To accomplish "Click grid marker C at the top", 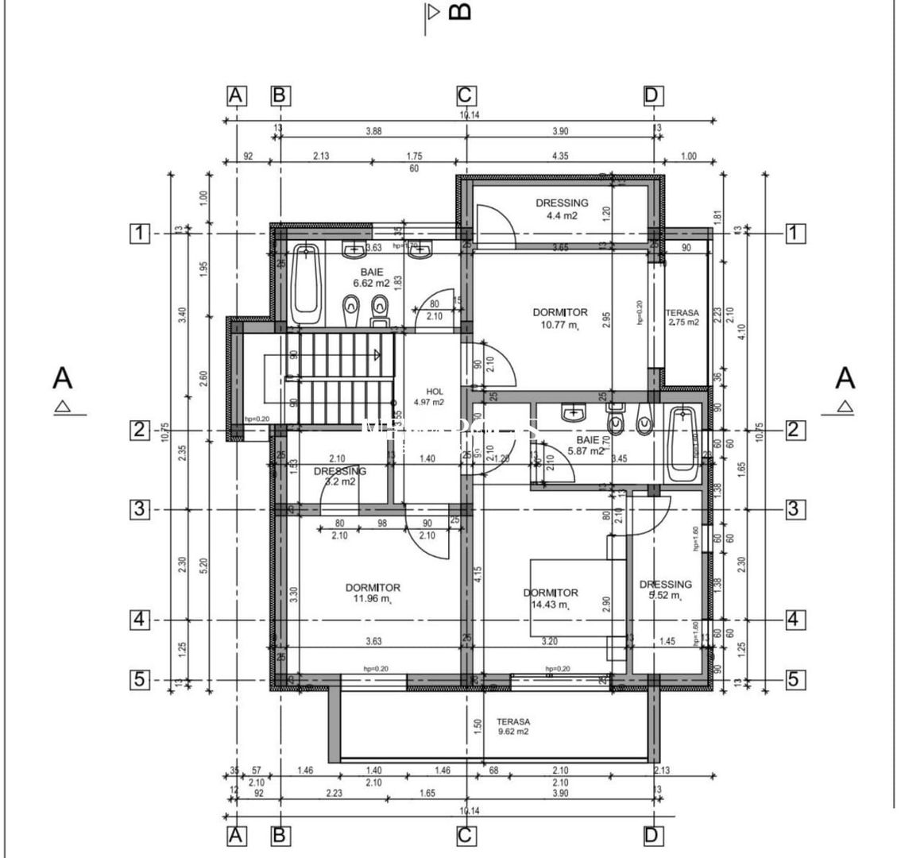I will pyautogui.click(x=466, y=96).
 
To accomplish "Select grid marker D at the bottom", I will pyautogui.click(x=652, y=836).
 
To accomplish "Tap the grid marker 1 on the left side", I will pyautogui.click(x=140, y=234).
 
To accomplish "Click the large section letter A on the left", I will pyautogui.click(x=62, y=378).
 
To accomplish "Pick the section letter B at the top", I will pyautogui.click(x=459, y=12).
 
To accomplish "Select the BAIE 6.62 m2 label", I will pyautogui.click(x=371, y=276).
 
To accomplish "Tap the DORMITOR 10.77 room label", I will pyautogui.click(x=559, y=318).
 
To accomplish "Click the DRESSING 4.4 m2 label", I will pyautogui.click(x=561, y=209).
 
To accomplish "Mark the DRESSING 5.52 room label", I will pyautogui.click(x=665, y=589).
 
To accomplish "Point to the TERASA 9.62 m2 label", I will pyautogui.click(x=512, y=726).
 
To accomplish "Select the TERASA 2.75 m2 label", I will pyautogui.click(x=682, y=318).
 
